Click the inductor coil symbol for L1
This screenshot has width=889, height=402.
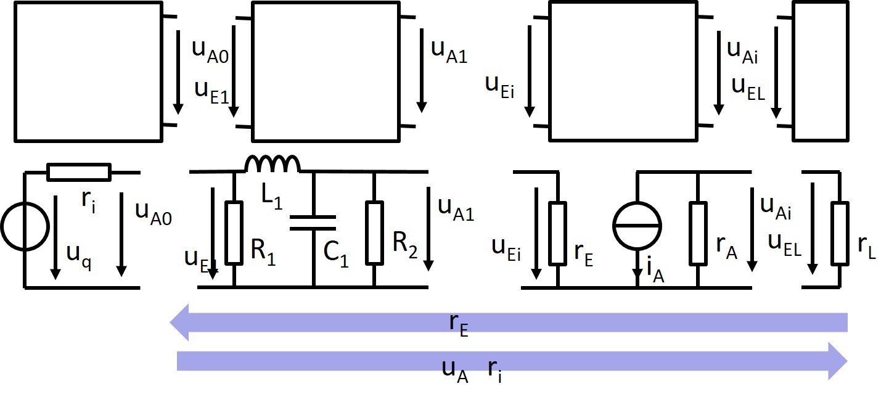[272, 164]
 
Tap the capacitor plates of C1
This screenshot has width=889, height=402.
[313, 223]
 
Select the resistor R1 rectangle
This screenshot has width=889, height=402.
[234, 231]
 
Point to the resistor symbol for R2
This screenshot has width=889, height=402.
[374, 231]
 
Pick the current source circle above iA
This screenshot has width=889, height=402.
[637, 226]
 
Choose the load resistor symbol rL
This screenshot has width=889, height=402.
[839, 231]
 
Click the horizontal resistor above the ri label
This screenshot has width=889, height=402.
[79, 173]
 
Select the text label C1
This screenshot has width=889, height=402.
[336, 253]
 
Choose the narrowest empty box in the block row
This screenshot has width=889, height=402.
[816, 71]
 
